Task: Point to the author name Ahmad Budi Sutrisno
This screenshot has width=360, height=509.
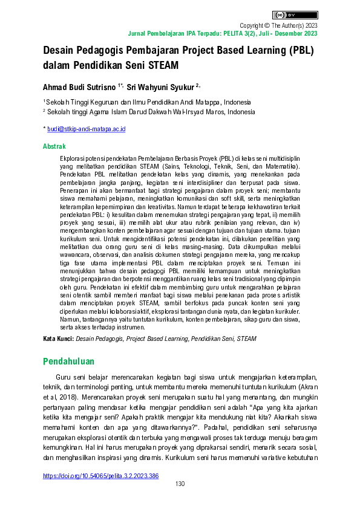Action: [79, 87]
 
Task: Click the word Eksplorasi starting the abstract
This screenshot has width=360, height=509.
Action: [75, 157]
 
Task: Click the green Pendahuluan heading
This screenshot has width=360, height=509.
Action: [69, 361]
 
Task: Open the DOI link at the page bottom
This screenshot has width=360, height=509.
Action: [100, 476]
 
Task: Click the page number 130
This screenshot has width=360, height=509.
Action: [180, 484]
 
